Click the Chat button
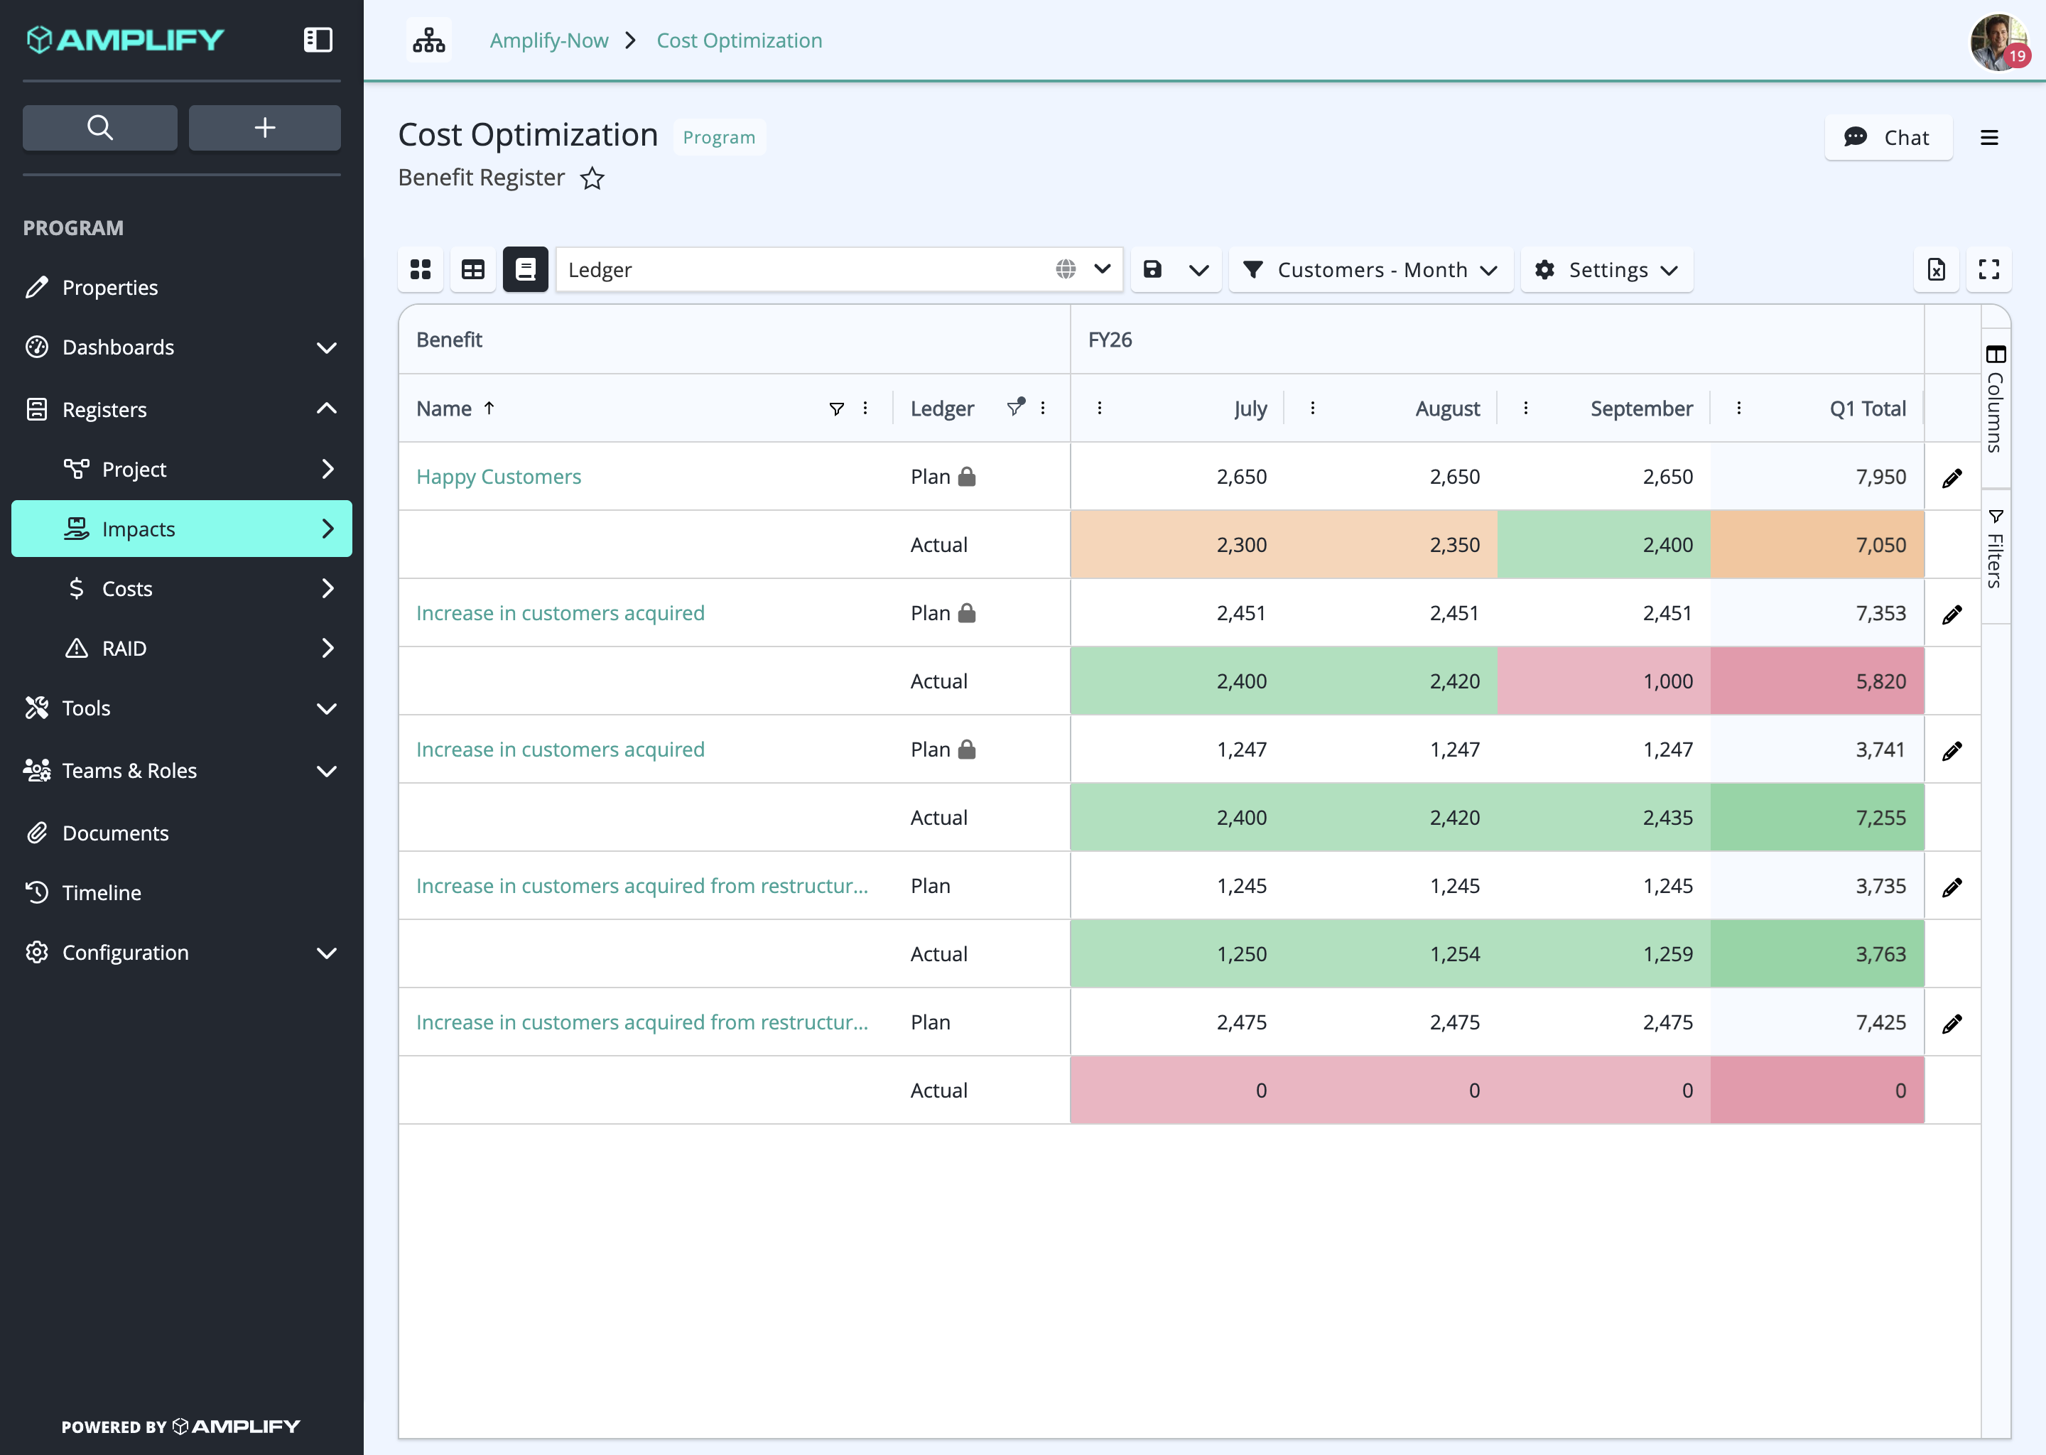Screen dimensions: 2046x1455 pos(1888,137)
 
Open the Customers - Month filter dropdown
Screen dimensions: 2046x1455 pos(1370,270)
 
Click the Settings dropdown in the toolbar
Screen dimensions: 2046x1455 pos(1606,270)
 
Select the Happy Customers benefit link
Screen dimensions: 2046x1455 pos(498,477)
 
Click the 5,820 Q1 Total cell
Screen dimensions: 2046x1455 pos(1817,681)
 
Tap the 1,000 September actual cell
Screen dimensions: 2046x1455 pos(1603,681)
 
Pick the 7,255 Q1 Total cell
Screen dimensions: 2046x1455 pos(1817,817)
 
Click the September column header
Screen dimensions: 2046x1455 pos(1641,409)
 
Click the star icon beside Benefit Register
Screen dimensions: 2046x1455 pos(592,178)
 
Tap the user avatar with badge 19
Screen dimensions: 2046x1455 pos(1998,41)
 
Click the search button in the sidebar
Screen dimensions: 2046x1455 pos(99,127)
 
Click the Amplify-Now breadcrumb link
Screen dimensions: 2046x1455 pos(548,40)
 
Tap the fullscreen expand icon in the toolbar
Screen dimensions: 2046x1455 pos(1988,270)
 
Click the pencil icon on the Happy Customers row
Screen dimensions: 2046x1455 pos(1952,478)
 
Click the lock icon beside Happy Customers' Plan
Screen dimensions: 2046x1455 pos(967,477)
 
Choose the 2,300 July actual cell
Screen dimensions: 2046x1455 pos(1177,545)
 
